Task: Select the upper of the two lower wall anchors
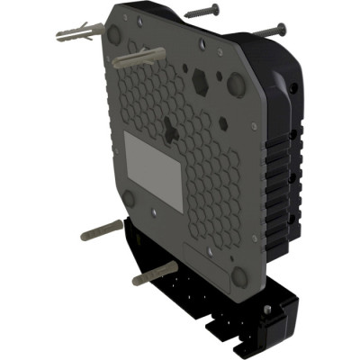click(x=102, y=230)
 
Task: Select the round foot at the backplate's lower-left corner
click(x=129, y=198)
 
